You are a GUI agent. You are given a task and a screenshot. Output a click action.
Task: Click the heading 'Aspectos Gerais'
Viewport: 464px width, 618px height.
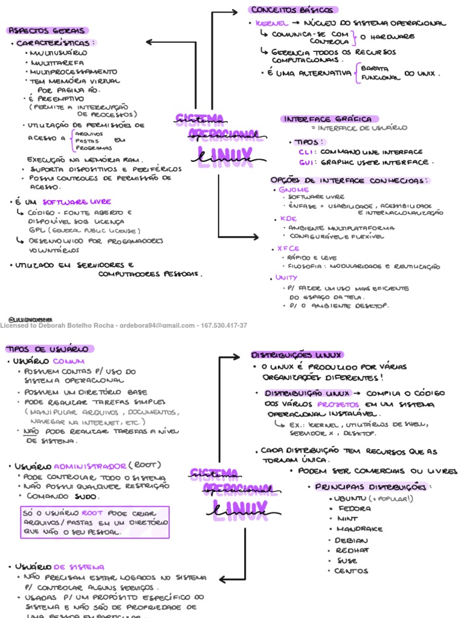pos(47,30)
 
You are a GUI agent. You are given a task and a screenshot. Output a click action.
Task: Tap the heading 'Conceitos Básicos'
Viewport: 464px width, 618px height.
pos(292,10)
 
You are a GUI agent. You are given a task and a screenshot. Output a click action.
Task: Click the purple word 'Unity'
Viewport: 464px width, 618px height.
pos(286,278)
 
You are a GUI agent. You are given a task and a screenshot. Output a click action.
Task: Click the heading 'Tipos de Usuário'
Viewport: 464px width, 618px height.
pos(47,349)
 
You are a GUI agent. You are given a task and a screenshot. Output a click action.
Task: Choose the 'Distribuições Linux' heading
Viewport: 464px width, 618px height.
pos(297,355)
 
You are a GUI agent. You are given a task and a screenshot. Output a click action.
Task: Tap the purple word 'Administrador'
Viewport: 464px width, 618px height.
pos(91,466)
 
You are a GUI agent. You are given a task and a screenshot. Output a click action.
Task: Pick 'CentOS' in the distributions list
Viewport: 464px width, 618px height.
pos(351,571)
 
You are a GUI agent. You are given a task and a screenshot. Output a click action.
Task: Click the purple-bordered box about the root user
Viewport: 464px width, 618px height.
pos(95,523)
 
